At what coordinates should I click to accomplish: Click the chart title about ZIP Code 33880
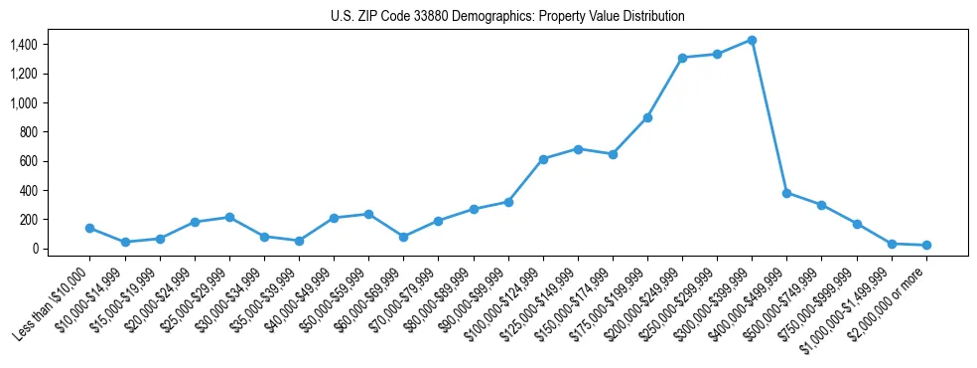[x=507, y=17]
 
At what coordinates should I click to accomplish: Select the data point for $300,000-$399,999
[x=752, y=40]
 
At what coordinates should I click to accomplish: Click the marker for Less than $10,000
[x=90, y=228]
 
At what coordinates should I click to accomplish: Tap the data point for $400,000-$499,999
[x=786, y=193]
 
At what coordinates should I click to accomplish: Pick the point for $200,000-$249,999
[x=682, y=58]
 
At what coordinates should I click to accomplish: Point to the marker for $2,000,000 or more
[x=925, y=245]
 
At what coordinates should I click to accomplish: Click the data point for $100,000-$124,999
[x=543, y=159]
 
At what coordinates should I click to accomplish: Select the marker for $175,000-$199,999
[x=647, y=117]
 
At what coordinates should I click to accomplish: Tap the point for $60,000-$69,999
[x=404, y=237]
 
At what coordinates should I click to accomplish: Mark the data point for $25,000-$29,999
[x=229, y=217]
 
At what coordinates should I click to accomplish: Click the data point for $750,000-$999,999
[x=856, y=224]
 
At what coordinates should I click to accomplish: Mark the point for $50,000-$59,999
[x=368, y=214]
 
